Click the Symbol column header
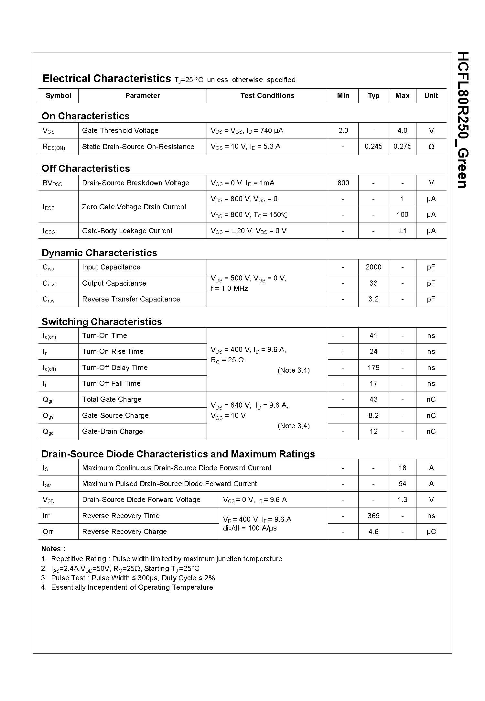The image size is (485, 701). [x=58, y=96]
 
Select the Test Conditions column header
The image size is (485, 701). [x=267, y=96]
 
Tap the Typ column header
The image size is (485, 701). [x=373, y=96]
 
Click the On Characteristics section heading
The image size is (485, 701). [x=86, y=116]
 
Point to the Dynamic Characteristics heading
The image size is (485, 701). [x=99, y=253]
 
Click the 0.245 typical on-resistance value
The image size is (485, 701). [x=373, y=147]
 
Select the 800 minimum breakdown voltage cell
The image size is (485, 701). [x=343, y=183]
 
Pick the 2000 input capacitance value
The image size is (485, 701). [x=373, y=267]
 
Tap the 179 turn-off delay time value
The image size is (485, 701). [x=373, y=367]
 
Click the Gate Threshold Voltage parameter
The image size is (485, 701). [x=120, y=131]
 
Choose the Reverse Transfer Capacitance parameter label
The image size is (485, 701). [x=131, y=299]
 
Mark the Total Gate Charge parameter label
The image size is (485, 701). [x=112, y=400]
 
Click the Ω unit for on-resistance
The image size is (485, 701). [x=431, y=147]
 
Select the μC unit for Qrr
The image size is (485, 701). [x=431, y=531]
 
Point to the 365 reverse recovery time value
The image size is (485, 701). [x=373, y=516]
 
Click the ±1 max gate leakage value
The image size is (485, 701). [x=402, y=231]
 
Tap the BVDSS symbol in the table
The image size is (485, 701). [x=52, y=183]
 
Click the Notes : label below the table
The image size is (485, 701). [x=53, y=549]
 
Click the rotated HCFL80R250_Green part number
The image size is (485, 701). [x=463, y=120]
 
